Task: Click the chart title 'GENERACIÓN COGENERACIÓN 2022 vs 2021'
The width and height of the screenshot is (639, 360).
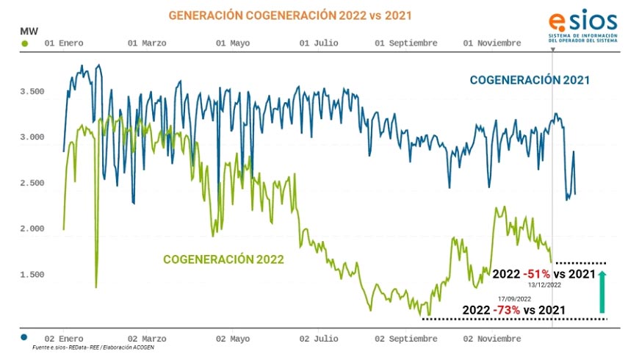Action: click(290, 15)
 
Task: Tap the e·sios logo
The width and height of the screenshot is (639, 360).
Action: click(582, 26)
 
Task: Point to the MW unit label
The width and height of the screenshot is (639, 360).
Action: click(25, 31)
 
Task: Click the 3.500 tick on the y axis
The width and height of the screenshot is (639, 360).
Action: click(32, 92)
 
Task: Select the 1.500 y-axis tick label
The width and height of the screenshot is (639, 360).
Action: click(32, 275)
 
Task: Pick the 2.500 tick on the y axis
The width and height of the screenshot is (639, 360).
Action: click(32, 183)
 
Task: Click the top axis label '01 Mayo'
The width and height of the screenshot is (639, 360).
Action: click(233, 43)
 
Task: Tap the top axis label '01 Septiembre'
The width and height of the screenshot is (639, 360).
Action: click(406, 43)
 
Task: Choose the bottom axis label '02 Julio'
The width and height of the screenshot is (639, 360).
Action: click(319, 339)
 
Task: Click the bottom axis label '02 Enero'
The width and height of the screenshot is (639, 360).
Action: click(64, 339)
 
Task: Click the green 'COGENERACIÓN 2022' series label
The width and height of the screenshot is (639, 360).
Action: click(223, 259)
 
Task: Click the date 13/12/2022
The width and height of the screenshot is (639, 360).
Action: click(544, 284)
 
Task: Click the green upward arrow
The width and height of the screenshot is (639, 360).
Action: click(602, 291)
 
